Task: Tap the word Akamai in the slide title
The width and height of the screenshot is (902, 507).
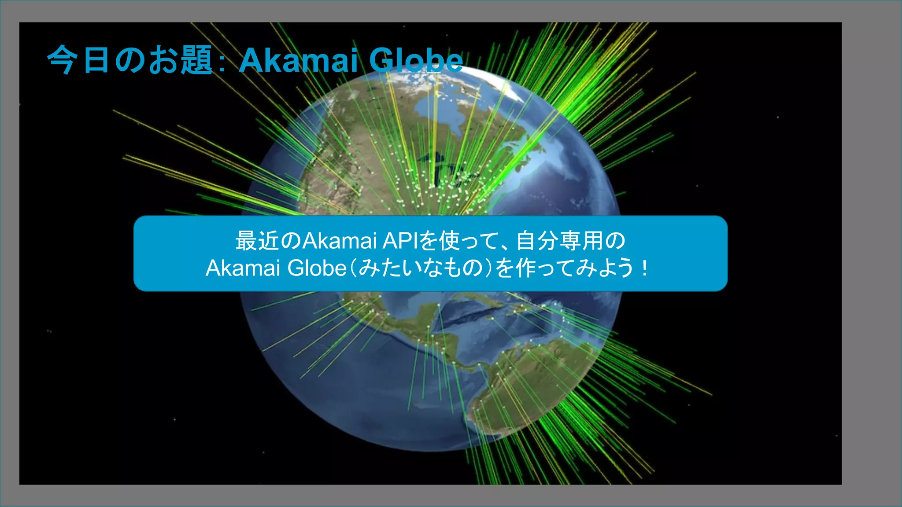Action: tap(298, 60)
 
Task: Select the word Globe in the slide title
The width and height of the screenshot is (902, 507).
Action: tap(415, 60)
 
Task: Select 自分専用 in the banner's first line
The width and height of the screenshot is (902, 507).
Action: tap(559, 241)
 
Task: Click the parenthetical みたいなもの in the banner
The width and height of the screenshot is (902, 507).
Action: tap(421, 268)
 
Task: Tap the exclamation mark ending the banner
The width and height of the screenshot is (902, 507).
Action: tap(645, 268)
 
